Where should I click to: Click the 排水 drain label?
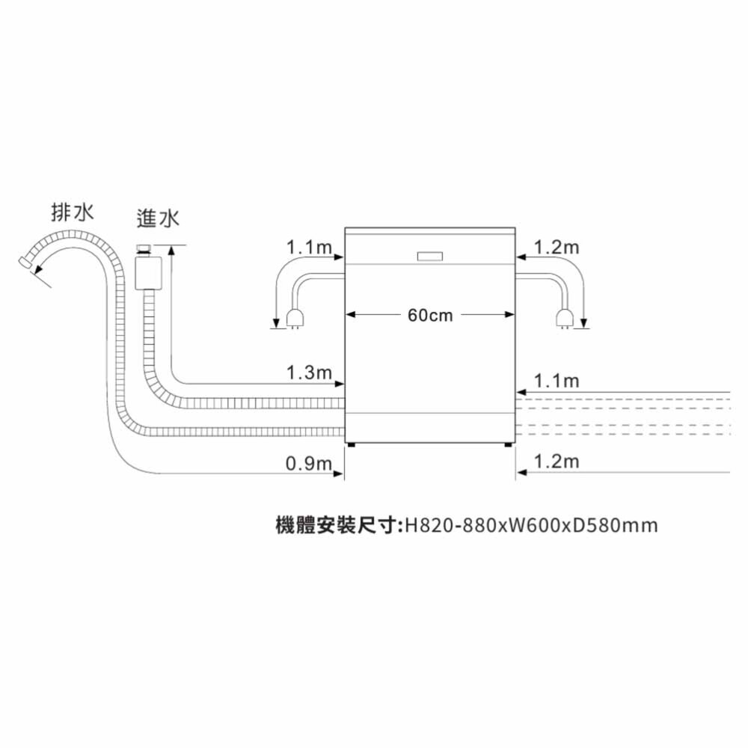(73, 212)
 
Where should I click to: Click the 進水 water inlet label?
(158, 218)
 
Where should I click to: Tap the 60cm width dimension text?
(430, 316)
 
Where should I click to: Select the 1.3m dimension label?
(309, 373)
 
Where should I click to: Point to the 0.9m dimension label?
(309, 463)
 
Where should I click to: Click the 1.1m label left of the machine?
(309, 247)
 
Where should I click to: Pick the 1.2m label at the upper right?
(557, 247)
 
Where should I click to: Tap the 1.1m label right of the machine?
(557, 381)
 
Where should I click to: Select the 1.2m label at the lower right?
(557, 462)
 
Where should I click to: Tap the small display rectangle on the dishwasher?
(430, 256)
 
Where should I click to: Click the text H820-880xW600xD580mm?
(531, 525)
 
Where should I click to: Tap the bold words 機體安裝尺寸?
(337, 525)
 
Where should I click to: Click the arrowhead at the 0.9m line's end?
(338, 473)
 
